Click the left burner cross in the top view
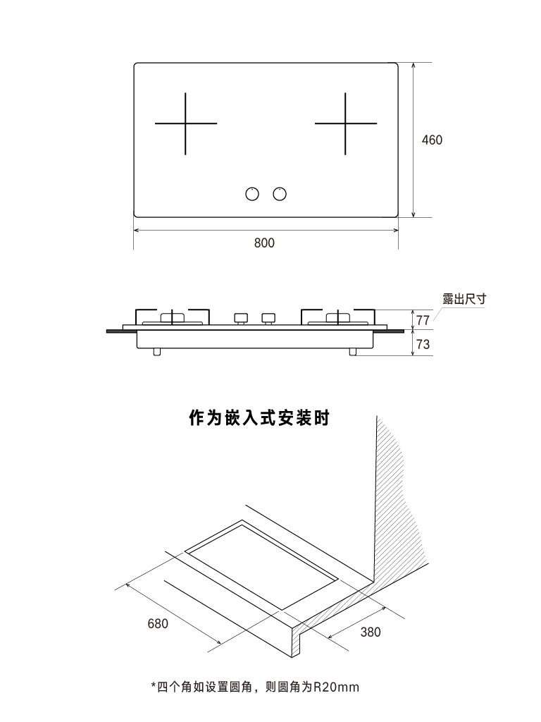pos(186,124)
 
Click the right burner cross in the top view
pos(345,124)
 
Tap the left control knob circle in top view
pos(251,194)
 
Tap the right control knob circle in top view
pos(280,194)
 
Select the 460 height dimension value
pos(432,140)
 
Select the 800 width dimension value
pos(264,243)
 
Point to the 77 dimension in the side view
pos(423,321)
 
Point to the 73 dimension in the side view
pos(423,344)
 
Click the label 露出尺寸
pos(464,299)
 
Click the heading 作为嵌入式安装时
pos(259,419)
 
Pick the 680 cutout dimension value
pos(158,624)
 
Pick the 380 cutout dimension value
pos(371,632)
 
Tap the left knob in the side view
pos(241,317)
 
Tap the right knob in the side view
pos(268,317)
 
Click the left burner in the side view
pos(173,318)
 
